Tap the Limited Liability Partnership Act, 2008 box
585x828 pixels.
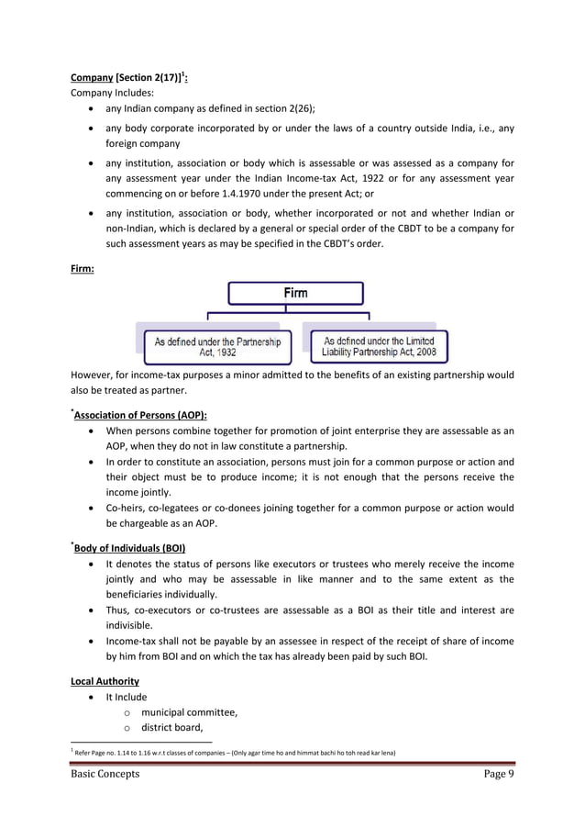click(x=380, y=345)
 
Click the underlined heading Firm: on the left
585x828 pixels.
click(x=85, y=272)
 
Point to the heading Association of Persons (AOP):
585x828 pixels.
click(x=140, y=414)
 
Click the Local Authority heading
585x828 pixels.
click(x=105, y=681)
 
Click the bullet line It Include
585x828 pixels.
click(x=127, y=697)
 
